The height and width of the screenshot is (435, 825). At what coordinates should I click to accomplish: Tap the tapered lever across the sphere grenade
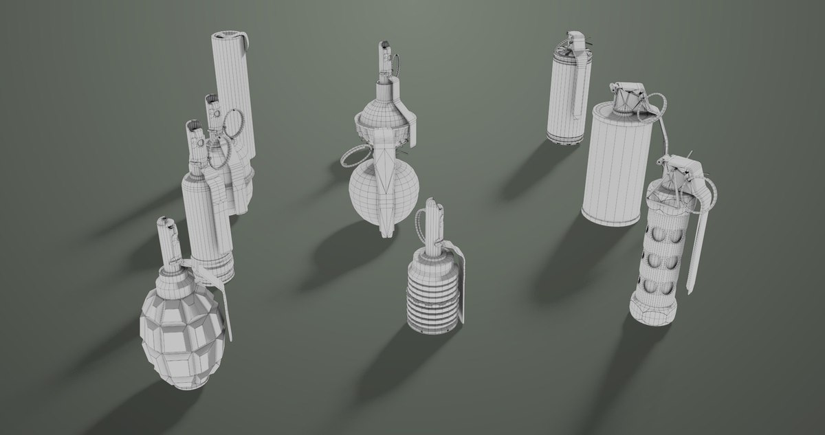[387, 186]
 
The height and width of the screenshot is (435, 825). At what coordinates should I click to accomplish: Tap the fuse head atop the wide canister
[627, 96]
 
